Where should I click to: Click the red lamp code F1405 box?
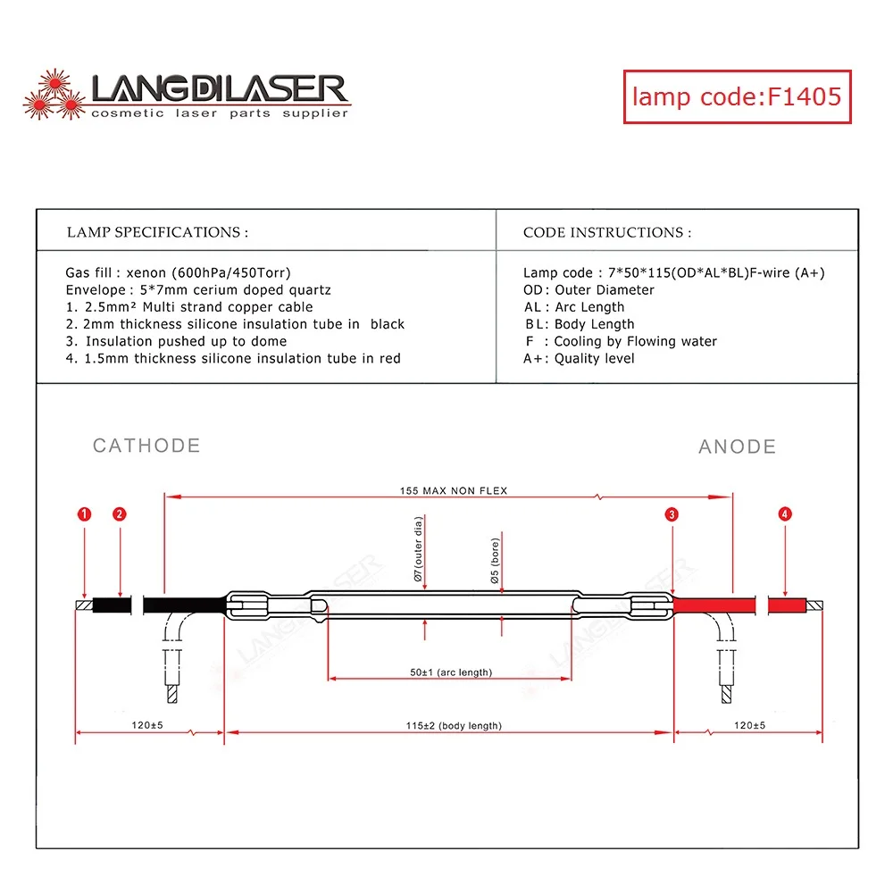737,96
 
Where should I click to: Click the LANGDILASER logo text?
219,89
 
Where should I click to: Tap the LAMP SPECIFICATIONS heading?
157,232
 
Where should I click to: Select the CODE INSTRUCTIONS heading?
607,232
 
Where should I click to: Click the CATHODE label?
146,446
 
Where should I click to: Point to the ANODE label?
737,446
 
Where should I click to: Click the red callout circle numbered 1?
85,514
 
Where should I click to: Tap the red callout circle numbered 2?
120,514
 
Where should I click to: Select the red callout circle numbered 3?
672,514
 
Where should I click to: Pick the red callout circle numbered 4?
784,514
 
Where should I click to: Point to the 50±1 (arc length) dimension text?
451,672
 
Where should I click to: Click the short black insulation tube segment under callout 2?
112,605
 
